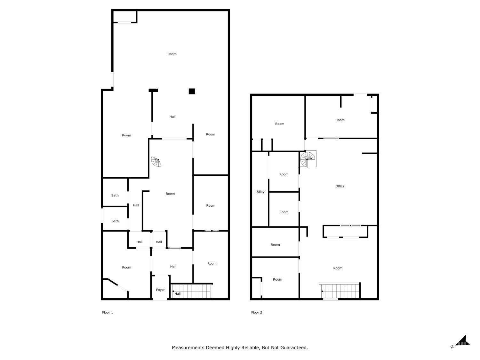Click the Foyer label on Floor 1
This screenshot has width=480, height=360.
click(160, 290)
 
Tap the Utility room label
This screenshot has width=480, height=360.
click(260, 192)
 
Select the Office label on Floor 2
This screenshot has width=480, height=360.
click(340, 186)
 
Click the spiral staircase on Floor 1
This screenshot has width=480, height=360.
click(156, 162)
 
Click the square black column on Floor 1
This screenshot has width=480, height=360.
click(192, 92)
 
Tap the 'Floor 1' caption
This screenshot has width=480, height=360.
click(108, 312)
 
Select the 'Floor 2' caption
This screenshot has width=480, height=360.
click(257, 312)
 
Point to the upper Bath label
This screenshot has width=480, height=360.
click(115, 196)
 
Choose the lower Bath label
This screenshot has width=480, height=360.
click(115, 221)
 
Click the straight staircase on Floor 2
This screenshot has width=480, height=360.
click(340, 291)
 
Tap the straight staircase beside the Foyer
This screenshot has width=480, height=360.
click(192, 291)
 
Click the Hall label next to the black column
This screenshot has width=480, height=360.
click(172, 117)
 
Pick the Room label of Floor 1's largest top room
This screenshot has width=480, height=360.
click(172, 54)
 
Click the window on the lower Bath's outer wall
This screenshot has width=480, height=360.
click(102, 215)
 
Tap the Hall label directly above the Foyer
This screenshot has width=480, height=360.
click(173, 267)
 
